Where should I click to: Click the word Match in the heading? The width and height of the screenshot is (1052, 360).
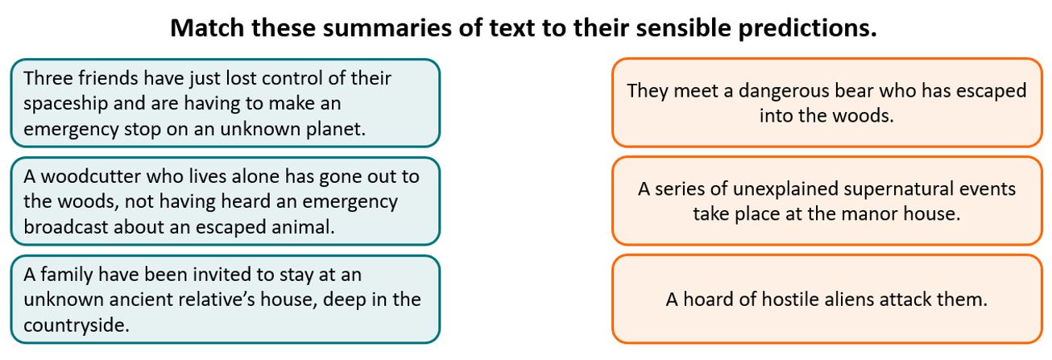207,27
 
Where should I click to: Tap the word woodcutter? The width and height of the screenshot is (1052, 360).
91,176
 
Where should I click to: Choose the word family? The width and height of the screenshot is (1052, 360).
67,275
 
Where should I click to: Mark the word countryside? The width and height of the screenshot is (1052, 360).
76,325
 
